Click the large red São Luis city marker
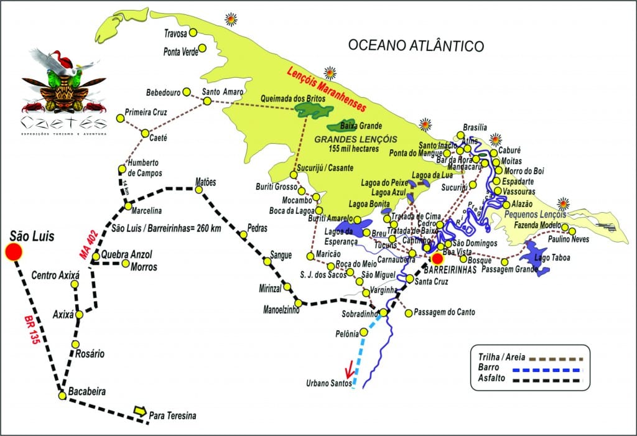pos(14,252)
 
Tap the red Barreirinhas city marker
pos(437,259)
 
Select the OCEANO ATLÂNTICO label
pos(416,45)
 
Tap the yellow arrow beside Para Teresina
pos(140,411)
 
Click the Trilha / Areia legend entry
pos(498,357)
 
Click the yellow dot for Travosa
pos(193,32)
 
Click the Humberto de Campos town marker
pos(122,169)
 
